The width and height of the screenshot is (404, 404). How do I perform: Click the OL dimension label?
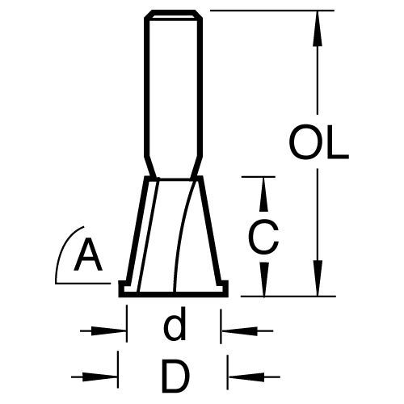click(319, 141)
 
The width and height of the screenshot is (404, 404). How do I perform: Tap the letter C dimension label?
click(263, 236)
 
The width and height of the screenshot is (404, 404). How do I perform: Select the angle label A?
click(88, 255)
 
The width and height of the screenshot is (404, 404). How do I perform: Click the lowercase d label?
click(175, 323)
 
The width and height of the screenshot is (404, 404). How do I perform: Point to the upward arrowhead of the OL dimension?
click(318, 28)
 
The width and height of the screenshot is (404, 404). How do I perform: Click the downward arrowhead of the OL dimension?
click(318, 278)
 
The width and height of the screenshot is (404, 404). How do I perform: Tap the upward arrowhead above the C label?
click(263, 194)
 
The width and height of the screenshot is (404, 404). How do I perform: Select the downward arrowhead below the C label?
click(264, 280)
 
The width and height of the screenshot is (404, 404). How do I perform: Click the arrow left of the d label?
click(103, 330)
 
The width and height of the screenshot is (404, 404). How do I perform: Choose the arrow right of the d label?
click(247, 330)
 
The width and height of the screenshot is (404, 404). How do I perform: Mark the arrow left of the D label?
click(95, 377)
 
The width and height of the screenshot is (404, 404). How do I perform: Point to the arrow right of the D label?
click(254, 377)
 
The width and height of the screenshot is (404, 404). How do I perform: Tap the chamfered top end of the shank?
click(174, 14)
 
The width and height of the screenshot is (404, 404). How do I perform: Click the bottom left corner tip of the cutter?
click(119, 297)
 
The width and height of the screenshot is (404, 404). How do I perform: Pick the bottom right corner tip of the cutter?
click(228, 297)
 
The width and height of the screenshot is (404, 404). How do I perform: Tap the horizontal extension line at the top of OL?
click(272, 11)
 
